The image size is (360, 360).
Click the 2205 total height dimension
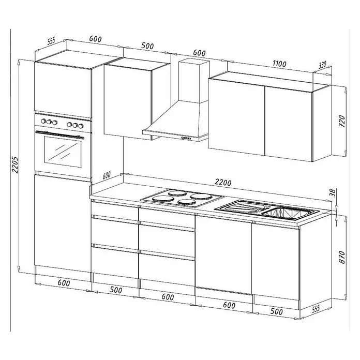15,165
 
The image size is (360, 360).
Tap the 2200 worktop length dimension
223,183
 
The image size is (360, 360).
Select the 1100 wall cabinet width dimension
279,64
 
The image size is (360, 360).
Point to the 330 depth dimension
322,65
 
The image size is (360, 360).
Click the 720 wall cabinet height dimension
342,121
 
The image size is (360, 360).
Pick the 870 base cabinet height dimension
342,257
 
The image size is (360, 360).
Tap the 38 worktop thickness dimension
334,193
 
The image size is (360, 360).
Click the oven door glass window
63,152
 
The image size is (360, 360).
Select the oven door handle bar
59,134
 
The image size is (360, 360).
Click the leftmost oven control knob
43,121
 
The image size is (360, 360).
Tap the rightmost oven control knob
81,126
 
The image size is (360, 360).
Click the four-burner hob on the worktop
182,198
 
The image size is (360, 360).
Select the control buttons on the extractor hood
186,138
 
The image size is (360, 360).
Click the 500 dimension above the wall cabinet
147,46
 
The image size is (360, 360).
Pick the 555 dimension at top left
51,41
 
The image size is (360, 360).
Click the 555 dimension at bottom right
316,309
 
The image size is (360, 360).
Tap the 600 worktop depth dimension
107,175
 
